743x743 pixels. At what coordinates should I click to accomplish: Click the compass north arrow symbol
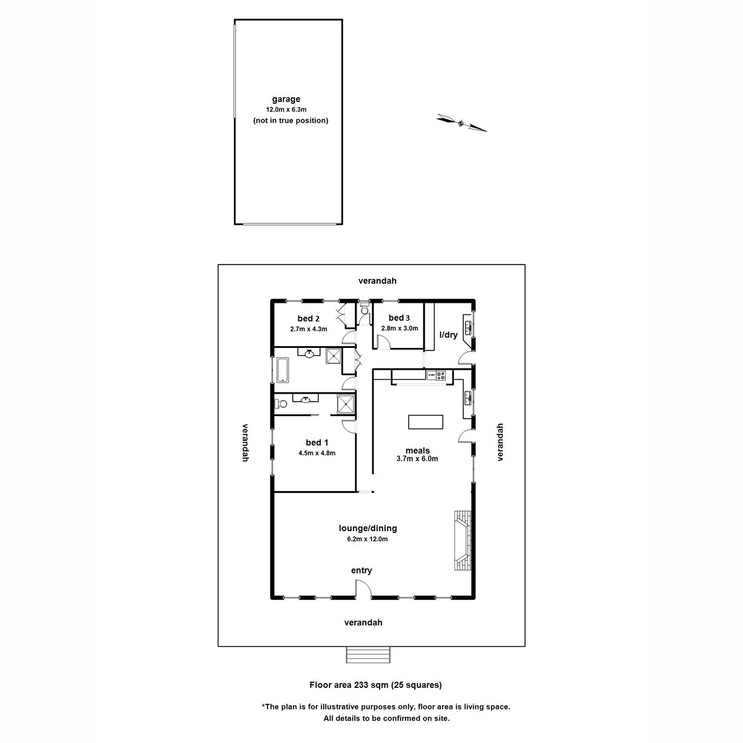(461, 123)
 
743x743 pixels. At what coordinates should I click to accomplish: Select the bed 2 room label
(308, 319)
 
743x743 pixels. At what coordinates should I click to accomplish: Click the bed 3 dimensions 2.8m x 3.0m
(399, 329)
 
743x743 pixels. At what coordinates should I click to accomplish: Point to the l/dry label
(448, 335)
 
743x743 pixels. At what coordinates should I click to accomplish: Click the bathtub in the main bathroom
(283, 370)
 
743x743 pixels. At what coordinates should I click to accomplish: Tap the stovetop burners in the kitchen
(441, 375)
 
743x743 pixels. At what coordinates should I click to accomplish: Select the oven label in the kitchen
(431, 375)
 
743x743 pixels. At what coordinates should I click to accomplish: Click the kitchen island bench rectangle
(426, 422)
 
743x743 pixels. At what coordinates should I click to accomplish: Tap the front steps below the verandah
(368, 654)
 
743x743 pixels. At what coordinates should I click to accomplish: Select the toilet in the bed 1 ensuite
(282, 404)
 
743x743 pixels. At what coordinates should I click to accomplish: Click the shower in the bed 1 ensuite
(346, 404)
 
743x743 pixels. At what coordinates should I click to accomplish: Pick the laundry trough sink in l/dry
(468, 325)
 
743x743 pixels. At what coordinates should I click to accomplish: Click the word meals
(417, 450)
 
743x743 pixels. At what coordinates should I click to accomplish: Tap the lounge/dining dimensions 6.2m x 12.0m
(368, 539)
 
